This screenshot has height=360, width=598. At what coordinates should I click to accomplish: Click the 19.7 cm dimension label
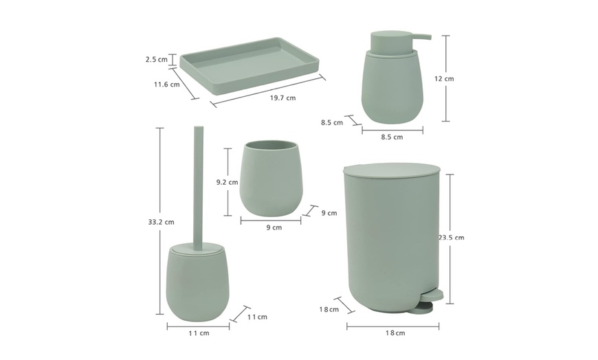click(282, 98)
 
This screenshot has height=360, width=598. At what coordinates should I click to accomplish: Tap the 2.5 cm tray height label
click(157, 60)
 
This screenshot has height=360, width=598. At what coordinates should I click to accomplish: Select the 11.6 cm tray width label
click(166, 85)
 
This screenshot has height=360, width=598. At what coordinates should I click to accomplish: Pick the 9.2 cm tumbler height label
click(227, 183)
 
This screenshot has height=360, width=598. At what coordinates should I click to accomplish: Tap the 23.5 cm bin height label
click(452, 238)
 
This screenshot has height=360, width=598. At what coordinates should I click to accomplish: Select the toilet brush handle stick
click(198, 185)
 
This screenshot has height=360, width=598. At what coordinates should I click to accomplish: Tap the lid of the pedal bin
click(391, 170)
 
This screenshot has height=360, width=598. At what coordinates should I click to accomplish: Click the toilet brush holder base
click(198, 284)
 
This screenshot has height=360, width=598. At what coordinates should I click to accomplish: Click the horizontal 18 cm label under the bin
click(395, 333)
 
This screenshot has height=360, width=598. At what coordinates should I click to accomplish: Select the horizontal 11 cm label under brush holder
click(199, 333)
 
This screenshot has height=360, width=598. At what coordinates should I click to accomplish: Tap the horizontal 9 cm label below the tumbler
click(273, 227)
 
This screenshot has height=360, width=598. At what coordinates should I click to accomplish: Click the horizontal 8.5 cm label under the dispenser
click(392, 137)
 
